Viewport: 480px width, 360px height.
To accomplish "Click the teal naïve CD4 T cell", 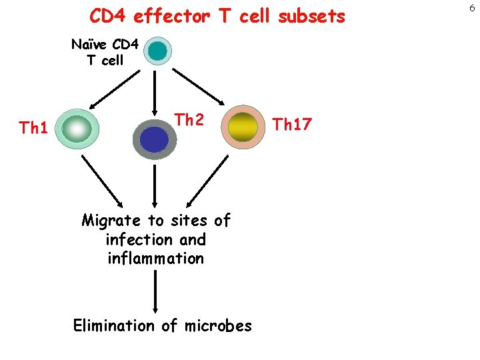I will click(x=158, y=50).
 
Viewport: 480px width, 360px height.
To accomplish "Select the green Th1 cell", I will click(x=78, y=129).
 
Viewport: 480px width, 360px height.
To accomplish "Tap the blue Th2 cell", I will click(x=155, y=139).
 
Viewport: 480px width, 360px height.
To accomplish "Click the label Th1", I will click(x=33, y=127).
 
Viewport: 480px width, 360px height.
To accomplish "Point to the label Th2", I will click(x=189, y=120).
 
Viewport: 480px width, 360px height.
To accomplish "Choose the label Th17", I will click(x=293, y=124).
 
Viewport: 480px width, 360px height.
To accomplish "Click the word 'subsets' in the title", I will click(x=312, y=16).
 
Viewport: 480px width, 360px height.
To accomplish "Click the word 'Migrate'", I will click(x=111, y=221).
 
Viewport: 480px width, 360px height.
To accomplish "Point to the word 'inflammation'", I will click(x=155, y=258).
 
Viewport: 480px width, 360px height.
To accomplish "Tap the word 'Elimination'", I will click(x=113, y=325).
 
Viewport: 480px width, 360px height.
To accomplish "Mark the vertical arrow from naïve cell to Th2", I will click(x=155, y=89).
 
